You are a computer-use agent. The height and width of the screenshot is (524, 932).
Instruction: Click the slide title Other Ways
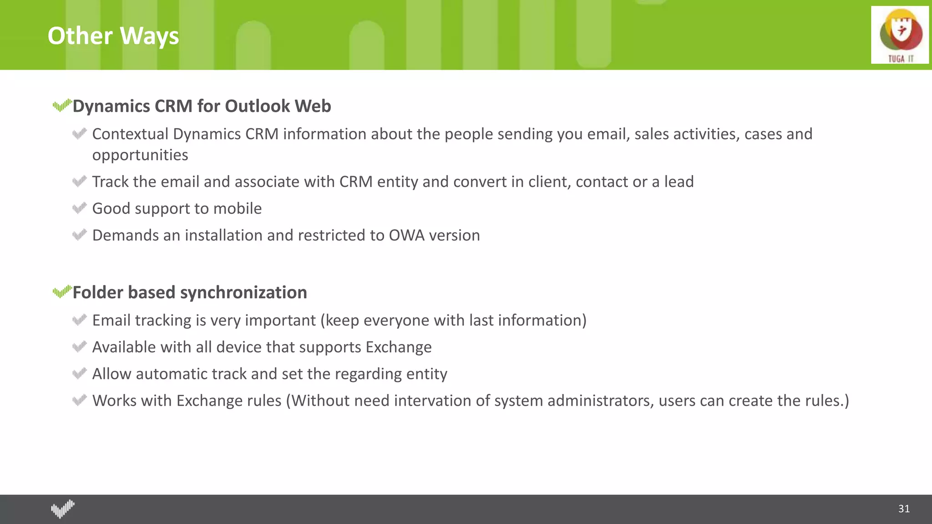[x=113, y=36]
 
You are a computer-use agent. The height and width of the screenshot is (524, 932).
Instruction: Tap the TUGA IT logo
[x=900, y=35]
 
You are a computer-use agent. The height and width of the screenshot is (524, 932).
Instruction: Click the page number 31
[x=904, y=509]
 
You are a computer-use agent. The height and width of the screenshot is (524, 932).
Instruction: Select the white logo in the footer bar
[x=63, y=509]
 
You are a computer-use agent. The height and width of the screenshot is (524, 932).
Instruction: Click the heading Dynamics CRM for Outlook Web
[x=202, y=106]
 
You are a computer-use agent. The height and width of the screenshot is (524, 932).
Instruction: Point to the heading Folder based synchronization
[x=190, y=292]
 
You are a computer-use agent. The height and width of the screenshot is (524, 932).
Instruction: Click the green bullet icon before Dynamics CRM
[x=62, y=106]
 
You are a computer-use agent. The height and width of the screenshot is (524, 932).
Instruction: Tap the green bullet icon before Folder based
[x=62, y=292]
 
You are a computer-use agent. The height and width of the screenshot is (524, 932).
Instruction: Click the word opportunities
[x=140, y=155]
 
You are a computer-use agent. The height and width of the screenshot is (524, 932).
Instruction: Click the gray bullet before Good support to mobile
[x=79, y=208]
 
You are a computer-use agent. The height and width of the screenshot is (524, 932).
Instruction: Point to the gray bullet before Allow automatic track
[x=79, y=374]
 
